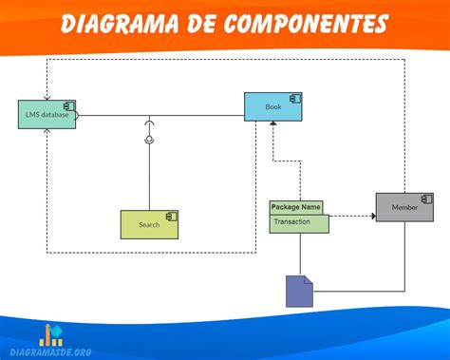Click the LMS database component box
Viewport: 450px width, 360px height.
(47, 115)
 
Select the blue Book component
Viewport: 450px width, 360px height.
(273, 107)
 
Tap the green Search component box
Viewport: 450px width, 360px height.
(149, 224)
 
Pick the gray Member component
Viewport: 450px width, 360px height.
(404, 206)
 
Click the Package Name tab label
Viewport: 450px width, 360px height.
(296, 206)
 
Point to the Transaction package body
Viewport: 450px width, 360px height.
(299, 223)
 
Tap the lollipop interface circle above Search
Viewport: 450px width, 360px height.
(149, 140)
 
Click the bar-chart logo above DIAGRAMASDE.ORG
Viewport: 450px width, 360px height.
(50, 334)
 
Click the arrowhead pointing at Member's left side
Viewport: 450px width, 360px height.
(371, 216)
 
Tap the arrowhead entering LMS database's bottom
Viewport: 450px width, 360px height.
(47, 133)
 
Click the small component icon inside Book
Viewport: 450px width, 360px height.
(295, 99)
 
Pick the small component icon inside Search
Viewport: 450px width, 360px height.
(171, 217)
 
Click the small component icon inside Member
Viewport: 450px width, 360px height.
(426, 199)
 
